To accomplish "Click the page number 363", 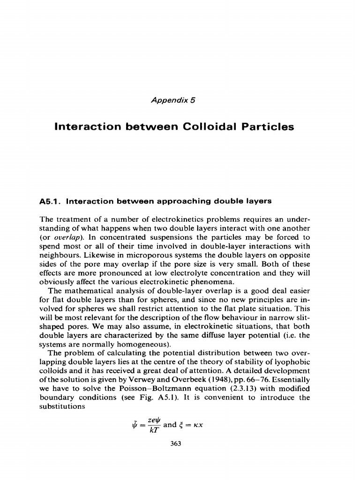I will point(176,443).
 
